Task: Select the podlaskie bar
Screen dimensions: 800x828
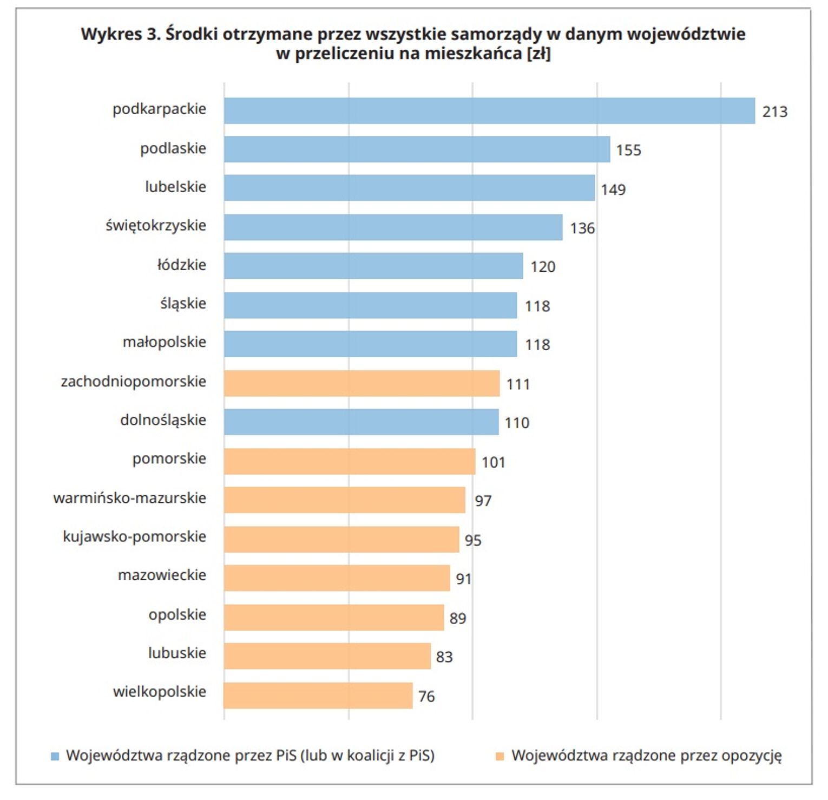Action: point(417,149)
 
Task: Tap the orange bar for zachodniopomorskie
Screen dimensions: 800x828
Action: point(362,383)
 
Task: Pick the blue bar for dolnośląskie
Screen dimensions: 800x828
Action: point(361,422)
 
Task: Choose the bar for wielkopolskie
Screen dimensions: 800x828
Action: point(318,696)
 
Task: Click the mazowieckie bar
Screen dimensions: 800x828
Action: point(337,578)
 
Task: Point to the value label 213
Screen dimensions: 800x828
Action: point(774,112)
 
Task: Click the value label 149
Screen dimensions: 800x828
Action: point(613,189)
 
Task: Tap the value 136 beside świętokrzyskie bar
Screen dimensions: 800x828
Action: point(582,228)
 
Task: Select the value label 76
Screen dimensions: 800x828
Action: point(426,696)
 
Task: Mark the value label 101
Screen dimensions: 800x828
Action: point(493,462)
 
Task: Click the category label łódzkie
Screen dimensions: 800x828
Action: point(182,265)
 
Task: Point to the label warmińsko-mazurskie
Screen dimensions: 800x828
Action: point(130,498)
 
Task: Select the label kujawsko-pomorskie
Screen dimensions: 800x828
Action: point(135,536)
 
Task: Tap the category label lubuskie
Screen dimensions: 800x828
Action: point(177,653)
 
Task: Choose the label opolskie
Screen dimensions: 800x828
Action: point(178,614)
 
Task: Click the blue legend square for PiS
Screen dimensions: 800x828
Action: point(55,756)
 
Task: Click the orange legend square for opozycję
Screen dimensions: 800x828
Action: point(500,756)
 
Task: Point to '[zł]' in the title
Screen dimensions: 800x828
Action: point(538,54)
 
